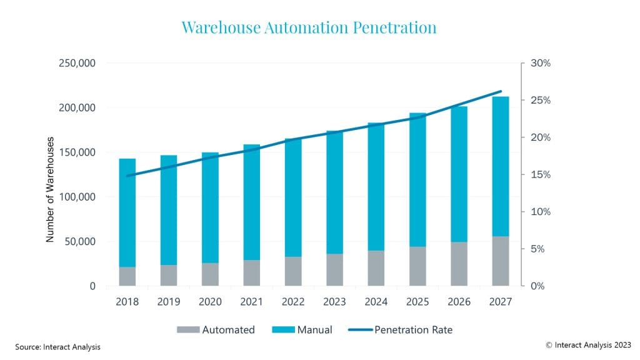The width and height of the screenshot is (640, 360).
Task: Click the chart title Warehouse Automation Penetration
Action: [308, 28]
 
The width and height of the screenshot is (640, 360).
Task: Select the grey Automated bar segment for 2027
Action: [500, 261]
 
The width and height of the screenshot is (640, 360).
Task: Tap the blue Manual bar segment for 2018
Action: [127, 212]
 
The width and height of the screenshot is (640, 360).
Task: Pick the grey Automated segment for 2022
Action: [292, 271]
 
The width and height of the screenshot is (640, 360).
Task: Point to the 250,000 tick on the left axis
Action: [78, 63]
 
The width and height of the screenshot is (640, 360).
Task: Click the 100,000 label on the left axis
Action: [78, 197]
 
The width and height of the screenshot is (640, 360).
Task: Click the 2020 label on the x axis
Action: [210, 302]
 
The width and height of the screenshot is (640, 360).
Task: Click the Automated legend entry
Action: [216, 329]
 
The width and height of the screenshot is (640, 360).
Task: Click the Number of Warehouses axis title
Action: [51, 189]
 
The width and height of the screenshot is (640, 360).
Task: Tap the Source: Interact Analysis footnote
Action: [57, 347]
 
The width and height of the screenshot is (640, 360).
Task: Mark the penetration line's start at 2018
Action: [127, 176]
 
